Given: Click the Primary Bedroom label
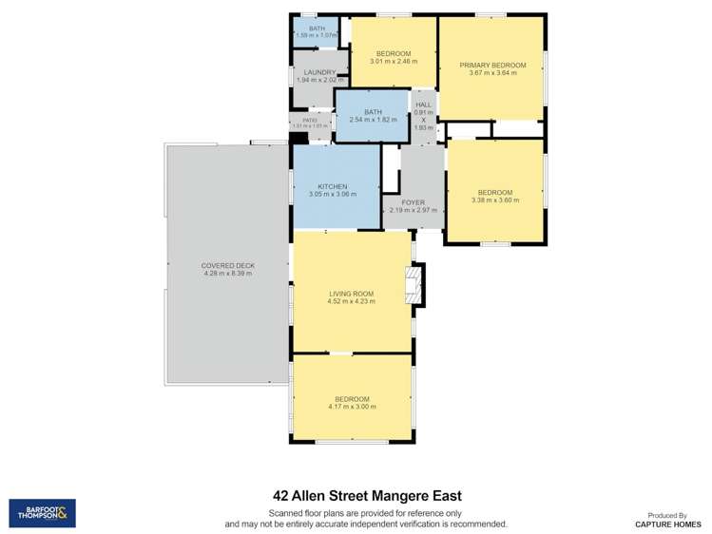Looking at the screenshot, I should [492, 66].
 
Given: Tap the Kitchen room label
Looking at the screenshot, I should [318, 186].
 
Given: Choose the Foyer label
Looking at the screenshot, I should [413, 202].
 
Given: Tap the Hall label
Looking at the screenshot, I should [423, 105].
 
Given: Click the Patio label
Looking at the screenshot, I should [310, 120].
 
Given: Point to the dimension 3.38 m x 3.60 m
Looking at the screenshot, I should [495, 200].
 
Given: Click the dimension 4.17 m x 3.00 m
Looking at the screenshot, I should [352, 407].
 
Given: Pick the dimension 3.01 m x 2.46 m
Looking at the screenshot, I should [393, 61].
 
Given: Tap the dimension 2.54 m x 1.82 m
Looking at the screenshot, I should [373, 120].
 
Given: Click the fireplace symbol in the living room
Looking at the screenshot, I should [414, 283].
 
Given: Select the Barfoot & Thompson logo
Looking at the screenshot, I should [42, 514].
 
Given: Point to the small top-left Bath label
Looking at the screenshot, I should [316, 29].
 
